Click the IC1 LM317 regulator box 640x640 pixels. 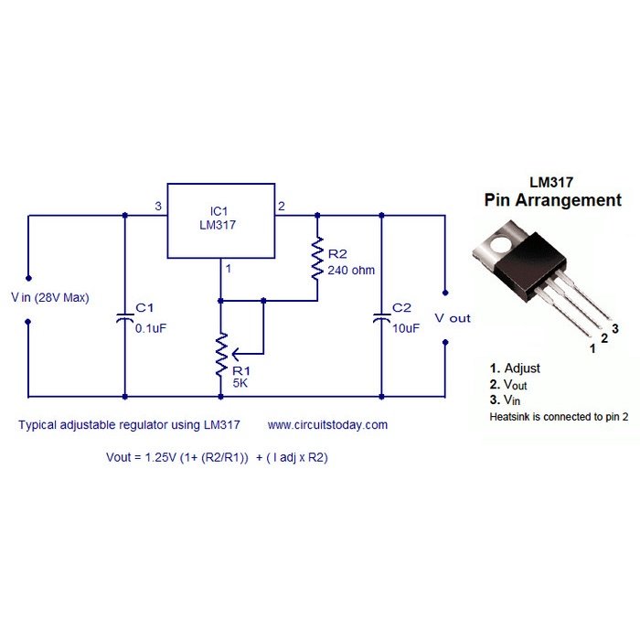pos(220,220)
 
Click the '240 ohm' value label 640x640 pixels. pos(350,271)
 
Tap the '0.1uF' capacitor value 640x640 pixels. pos(150,327)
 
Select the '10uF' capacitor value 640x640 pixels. pos(406,327)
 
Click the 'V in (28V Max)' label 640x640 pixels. pos(49,297)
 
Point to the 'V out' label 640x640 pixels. pos(453,318)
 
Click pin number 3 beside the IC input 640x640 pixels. pos(157,207)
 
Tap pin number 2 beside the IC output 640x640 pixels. pos(282,207)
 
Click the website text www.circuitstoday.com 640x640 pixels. pos(327,425)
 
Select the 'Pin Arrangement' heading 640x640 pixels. pos(551,200)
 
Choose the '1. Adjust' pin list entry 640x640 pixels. pos(516,368)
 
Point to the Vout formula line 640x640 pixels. pos(217,457)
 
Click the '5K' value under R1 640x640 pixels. pos(240,383)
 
